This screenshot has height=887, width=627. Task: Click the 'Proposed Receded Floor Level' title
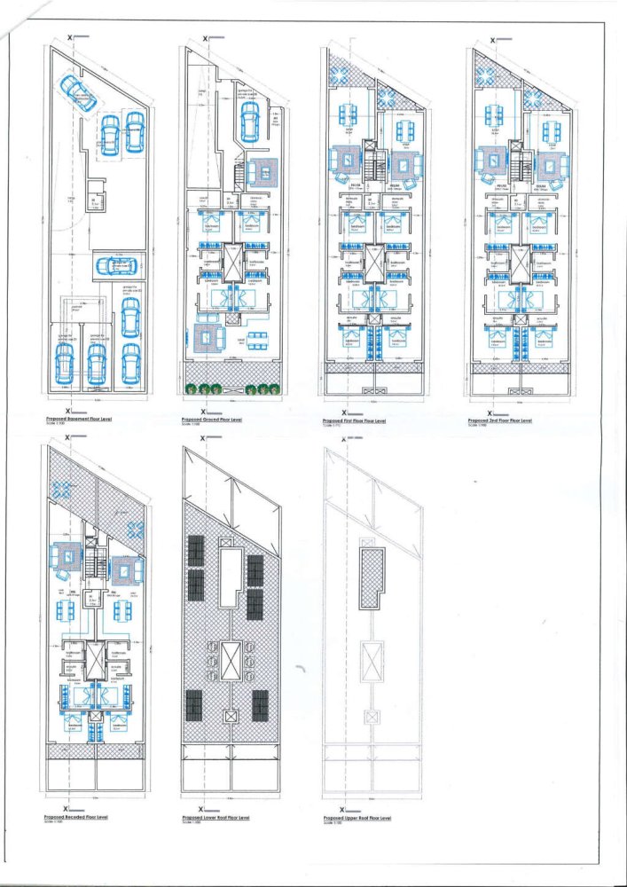click(x=76, y=816)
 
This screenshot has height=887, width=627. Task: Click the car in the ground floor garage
click(x=250, y=115)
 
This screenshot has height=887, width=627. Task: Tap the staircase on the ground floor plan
click(x=237, y=173)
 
